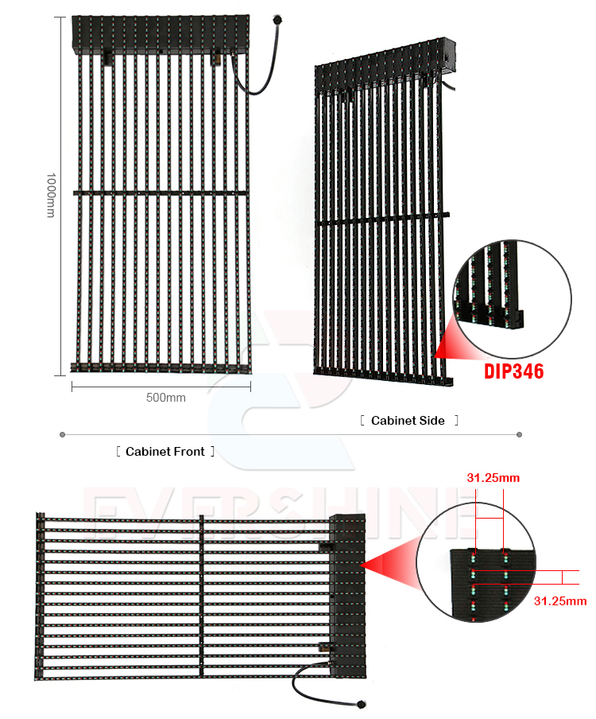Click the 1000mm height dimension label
click(x=51, y=196)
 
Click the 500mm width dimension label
click(x=166, y=398)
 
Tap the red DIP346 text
click(x=514, y=371)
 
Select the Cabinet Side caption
click(x=408, y=421)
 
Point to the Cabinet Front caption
click(x=165, y=452)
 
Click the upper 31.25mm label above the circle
click(x=493, y=478)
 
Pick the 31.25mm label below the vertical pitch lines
click(x=560, y=601)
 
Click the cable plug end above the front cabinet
click(x=277, y=20)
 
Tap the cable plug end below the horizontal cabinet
click(x=361, y=704)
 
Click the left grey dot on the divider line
click(x=62, y=435)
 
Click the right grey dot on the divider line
click(x=519, y=435)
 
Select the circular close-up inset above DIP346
click(x=513, y=299)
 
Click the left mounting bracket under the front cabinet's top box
click(x=108, y=58)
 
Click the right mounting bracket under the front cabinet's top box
click(x=216, y=58)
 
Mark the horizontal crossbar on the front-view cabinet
click(x=161, y=193)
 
